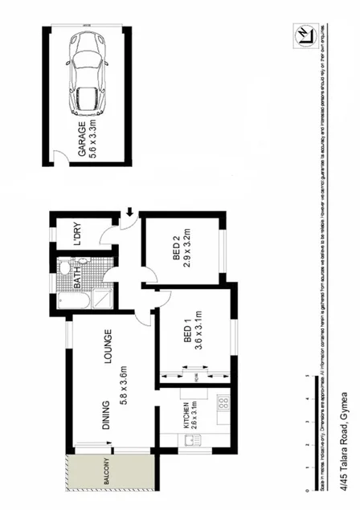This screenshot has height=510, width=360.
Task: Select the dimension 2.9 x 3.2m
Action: coord(188,247)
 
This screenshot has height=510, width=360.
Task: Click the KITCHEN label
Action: coord(185,417)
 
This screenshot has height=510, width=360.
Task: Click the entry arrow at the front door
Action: coord(129,214)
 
